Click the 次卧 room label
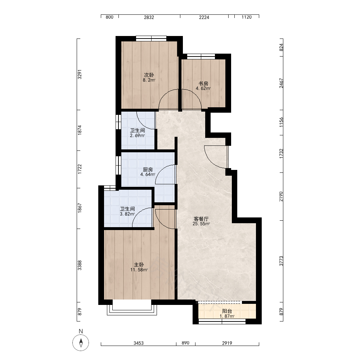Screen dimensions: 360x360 149,75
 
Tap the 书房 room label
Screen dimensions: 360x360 203,84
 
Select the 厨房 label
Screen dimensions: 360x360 148,170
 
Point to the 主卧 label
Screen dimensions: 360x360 139,265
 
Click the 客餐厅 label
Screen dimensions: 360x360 201,219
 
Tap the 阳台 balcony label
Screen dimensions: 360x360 227,311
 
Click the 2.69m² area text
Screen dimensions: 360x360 137,135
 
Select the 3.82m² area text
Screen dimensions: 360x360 127,214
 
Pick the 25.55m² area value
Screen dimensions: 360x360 201,224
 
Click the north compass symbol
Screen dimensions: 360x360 81,343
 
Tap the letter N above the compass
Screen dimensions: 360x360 81,331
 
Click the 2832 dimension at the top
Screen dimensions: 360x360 149,17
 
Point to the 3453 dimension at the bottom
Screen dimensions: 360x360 139,343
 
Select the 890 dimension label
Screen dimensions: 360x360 185,343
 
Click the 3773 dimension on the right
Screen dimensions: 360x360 281,261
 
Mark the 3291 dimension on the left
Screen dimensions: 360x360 80,75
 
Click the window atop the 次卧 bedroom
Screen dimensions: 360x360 151,39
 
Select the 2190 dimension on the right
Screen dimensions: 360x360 281,197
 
